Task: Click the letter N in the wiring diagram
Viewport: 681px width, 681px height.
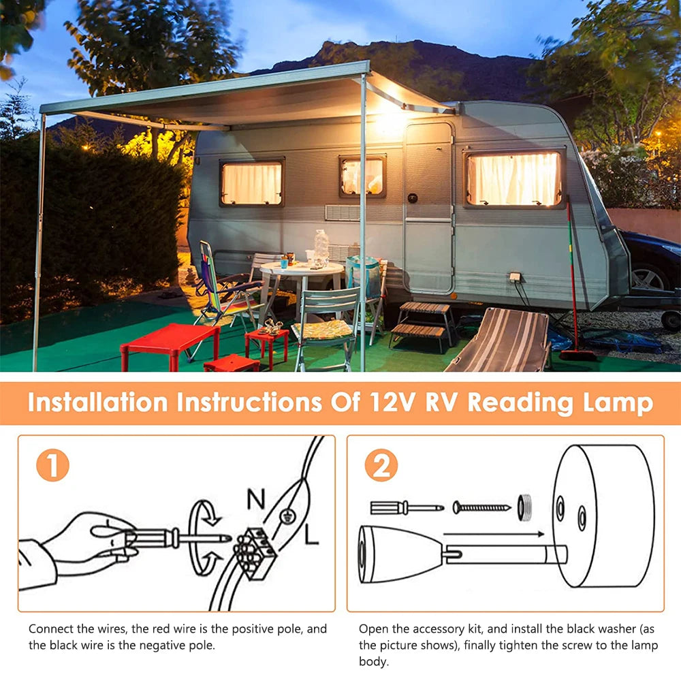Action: (x=255, y=499)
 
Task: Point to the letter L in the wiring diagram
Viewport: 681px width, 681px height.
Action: (x=311, y=537)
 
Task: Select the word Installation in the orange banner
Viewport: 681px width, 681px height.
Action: (x=97, y=402)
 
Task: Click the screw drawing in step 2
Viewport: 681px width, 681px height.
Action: (x=481, y=507)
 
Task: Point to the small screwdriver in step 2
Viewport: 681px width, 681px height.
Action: (x=407, y=507)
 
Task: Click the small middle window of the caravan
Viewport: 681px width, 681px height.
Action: (x=362, y=176)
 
